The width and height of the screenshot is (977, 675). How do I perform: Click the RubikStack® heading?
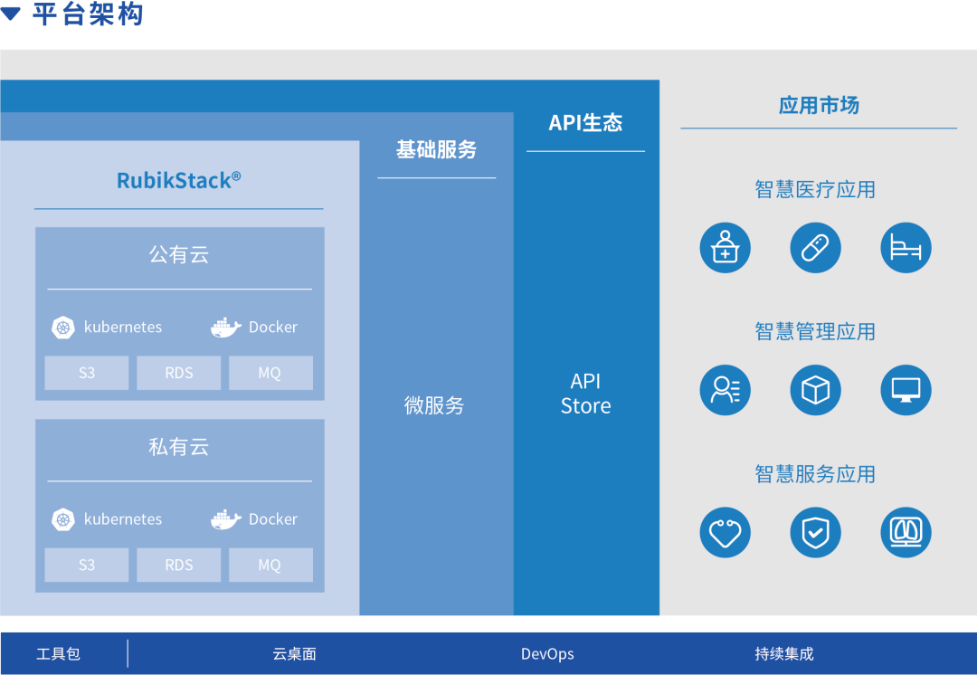178,180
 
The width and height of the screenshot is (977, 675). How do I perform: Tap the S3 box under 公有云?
87,373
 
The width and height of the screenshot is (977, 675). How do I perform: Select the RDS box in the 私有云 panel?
179,565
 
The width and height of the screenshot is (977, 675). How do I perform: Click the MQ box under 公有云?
270,373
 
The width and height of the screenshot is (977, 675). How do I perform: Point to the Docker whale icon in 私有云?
226,519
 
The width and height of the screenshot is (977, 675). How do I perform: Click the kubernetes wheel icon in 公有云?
62,328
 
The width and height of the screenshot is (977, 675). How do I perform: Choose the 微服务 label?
434,405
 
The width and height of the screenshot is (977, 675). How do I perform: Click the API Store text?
585,394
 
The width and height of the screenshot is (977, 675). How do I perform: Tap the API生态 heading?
585,123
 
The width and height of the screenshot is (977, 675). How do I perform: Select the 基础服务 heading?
436,150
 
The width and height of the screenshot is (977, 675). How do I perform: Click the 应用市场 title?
819,106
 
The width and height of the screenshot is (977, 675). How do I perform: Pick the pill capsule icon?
815,248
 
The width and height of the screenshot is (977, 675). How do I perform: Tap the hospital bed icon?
906,248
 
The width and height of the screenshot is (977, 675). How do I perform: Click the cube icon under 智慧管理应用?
815,390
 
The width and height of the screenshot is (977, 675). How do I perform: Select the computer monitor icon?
906,390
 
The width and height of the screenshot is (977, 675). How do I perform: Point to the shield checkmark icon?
815,532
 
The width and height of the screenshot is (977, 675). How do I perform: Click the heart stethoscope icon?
725,532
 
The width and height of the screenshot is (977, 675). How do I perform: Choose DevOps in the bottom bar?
547,654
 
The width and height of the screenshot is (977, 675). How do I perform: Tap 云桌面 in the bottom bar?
294,654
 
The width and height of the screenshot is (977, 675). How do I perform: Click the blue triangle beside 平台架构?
11,14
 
